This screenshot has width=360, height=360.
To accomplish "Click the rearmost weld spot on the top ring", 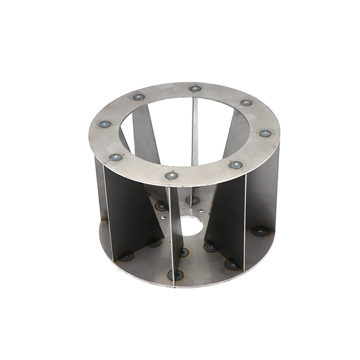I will (x=195, y=88).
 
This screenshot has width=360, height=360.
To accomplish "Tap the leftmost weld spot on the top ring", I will (x=105, y=124).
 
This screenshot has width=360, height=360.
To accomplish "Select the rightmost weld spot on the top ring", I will (x=265, y=133).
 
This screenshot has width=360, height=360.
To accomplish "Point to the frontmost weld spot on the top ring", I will (x=172, y=176).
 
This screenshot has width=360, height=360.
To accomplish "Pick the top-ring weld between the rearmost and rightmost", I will (x=247, y=103).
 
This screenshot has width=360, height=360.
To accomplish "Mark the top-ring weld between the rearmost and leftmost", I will (x=138, y=97).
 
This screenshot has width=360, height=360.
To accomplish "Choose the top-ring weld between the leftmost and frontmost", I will (x=116, y=157).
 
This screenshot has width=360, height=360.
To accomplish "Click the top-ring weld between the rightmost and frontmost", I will (x=235, y=164).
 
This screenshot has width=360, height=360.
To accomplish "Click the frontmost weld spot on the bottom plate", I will (x=176, y=275).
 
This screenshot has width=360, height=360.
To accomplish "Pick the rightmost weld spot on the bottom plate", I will (x=260, y=231).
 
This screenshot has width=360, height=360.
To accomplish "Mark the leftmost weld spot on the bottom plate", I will (x=126, y=256).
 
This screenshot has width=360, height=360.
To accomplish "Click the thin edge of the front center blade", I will (x=174, y=236).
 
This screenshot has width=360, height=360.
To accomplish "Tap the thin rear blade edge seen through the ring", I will (x=195, y=132).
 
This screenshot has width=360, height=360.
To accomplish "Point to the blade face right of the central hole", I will (x=226, y=216).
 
